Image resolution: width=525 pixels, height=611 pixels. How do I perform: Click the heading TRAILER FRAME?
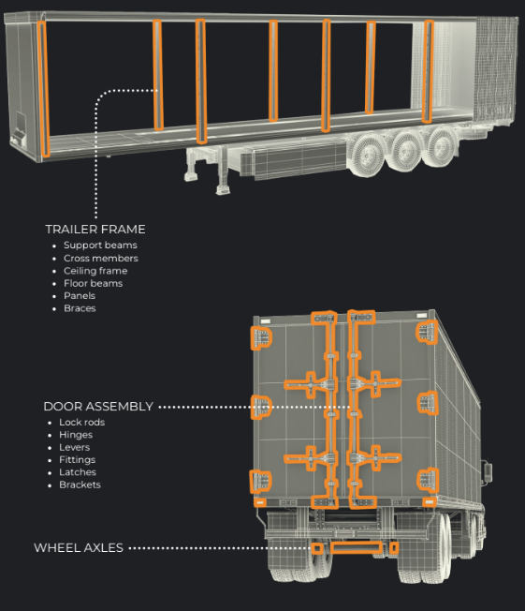[95, 229]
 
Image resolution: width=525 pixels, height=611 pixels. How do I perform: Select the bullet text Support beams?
[100, 246]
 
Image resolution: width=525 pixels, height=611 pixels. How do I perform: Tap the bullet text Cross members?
[101, 258]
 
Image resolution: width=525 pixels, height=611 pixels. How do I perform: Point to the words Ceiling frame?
[95, 271]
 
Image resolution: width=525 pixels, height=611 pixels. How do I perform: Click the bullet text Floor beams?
[93, 283]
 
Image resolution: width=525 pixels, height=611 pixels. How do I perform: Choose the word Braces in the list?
[80, 308]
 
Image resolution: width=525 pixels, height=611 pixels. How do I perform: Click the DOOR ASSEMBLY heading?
[98, 407]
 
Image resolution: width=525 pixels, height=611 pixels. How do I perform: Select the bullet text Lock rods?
[81, 422]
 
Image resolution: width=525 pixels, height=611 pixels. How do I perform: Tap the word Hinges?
[76, 435]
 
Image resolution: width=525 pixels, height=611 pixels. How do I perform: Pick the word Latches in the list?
[78, 472]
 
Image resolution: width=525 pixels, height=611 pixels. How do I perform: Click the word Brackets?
[80, 484]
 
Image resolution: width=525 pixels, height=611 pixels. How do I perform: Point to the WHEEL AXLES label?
[79, 548]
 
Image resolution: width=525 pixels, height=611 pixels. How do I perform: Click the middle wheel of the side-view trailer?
[406, 150]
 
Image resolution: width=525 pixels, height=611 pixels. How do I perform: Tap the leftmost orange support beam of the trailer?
[44, 89]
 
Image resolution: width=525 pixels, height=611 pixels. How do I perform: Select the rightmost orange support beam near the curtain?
[428, 72]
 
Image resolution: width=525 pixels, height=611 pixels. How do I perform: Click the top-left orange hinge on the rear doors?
[261, 336]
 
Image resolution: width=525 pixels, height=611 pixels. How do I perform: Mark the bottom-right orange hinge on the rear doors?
[428, 480]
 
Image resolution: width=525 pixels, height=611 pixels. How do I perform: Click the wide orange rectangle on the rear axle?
[357, 547]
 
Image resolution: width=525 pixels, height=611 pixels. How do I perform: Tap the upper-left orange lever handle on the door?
[308, 384]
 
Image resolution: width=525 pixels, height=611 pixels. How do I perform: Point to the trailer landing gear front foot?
[223, 190]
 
